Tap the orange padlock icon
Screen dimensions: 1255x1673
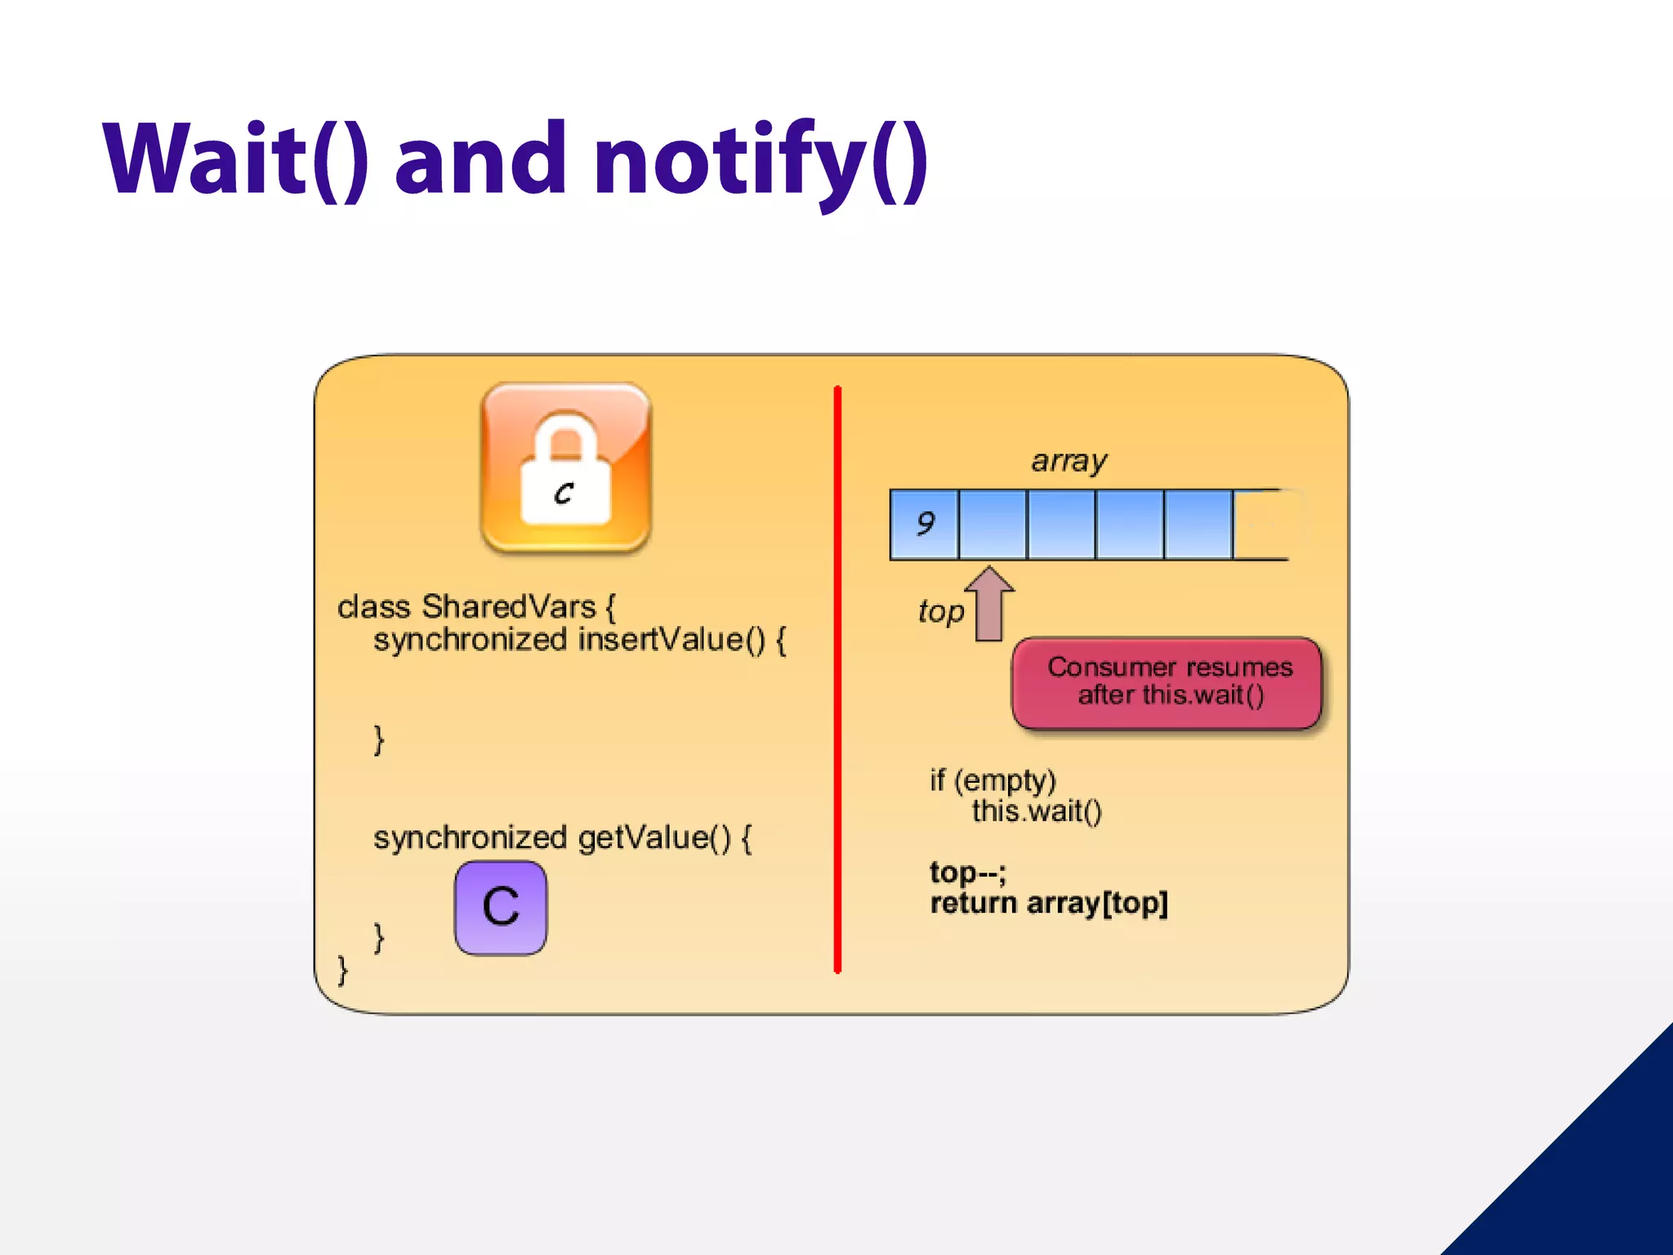(x=566, y=467)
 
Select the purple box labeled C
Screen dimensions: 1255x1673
(x=501, y=907)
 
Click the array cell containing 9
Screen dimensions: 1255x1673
(x=924, y=524)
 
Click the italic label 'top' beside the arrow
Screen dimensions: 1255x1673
(x=941, y=611)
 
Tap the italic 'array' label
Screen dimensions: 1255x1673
(x=1068, y=461)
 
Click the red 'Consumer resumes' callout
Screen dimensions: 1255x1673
(x=1167, y=681)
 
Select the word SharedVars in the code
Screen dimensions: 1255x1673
(x=508, y=607)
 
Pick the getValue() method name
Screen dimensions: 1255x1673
(x=654, y=837)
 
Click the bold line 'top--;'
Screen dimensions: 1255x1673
(x=968, y=873)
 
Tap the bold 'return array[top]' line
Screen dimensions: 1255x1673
(x=1049, y=904)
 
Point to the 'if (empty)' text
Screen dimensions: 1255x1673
(x=993, y=780)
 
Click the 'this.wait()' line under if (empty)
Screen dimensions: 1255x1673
(x=1037, y=811)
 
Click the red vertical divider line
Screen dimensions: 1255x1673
(x=837, y=678)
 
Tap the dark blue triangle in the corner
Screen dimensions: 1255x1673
(x=1593, y=1177)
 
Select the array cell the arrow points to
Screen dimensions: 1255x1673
(x=993, y=524)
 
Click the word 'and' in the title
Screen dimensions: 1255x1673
(x=480, y=159)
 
